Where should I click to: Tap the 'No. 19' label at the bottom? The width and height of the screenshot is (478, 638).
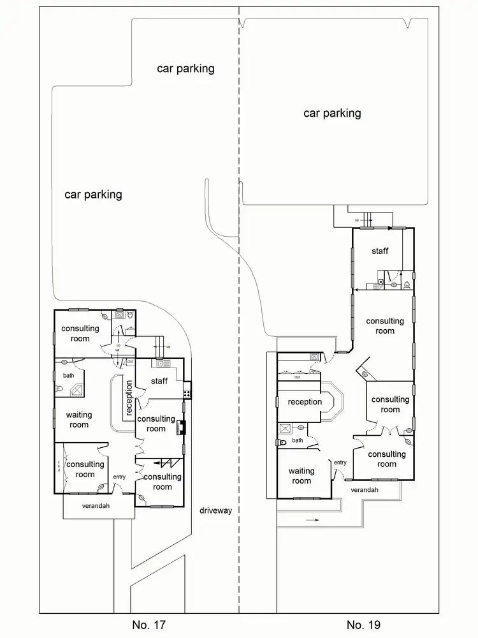(363, 624)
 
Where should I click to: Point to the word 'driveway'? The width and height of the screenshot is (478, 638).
(215, 510)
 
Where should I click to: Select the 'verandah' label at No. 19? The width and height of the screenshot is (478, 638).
(364, 489)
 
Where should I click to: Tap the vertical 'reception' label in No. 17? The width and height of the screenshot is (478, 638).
(129, 399)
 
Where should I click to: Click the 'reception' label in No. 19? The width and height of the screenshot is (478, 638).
(305, 402)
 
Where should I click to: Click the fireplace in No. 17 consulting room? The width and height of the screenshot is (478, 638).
(180, 429)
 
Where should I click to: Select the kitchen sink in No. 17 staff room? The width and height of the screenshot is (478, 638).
(161, 364)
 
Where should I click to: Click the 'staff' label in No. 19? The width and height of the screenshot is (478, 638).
(380, 251)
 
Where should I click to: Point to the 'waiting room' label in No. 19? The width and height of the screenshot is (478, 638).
(301, 476)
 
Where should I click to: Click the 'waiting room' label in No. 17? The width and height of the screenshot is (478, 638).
(79, 420)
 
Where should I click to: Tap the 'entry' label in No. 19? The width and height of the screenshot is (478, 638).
(340, 463)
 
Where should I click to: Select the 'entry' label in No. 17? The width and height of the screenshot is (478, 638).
(119, 477)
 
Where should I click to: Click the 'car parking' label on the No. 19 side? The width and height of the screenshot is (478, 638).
(332, 114)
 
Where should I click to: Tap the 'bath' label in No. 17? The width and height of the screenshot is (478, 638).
(68, 375)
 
